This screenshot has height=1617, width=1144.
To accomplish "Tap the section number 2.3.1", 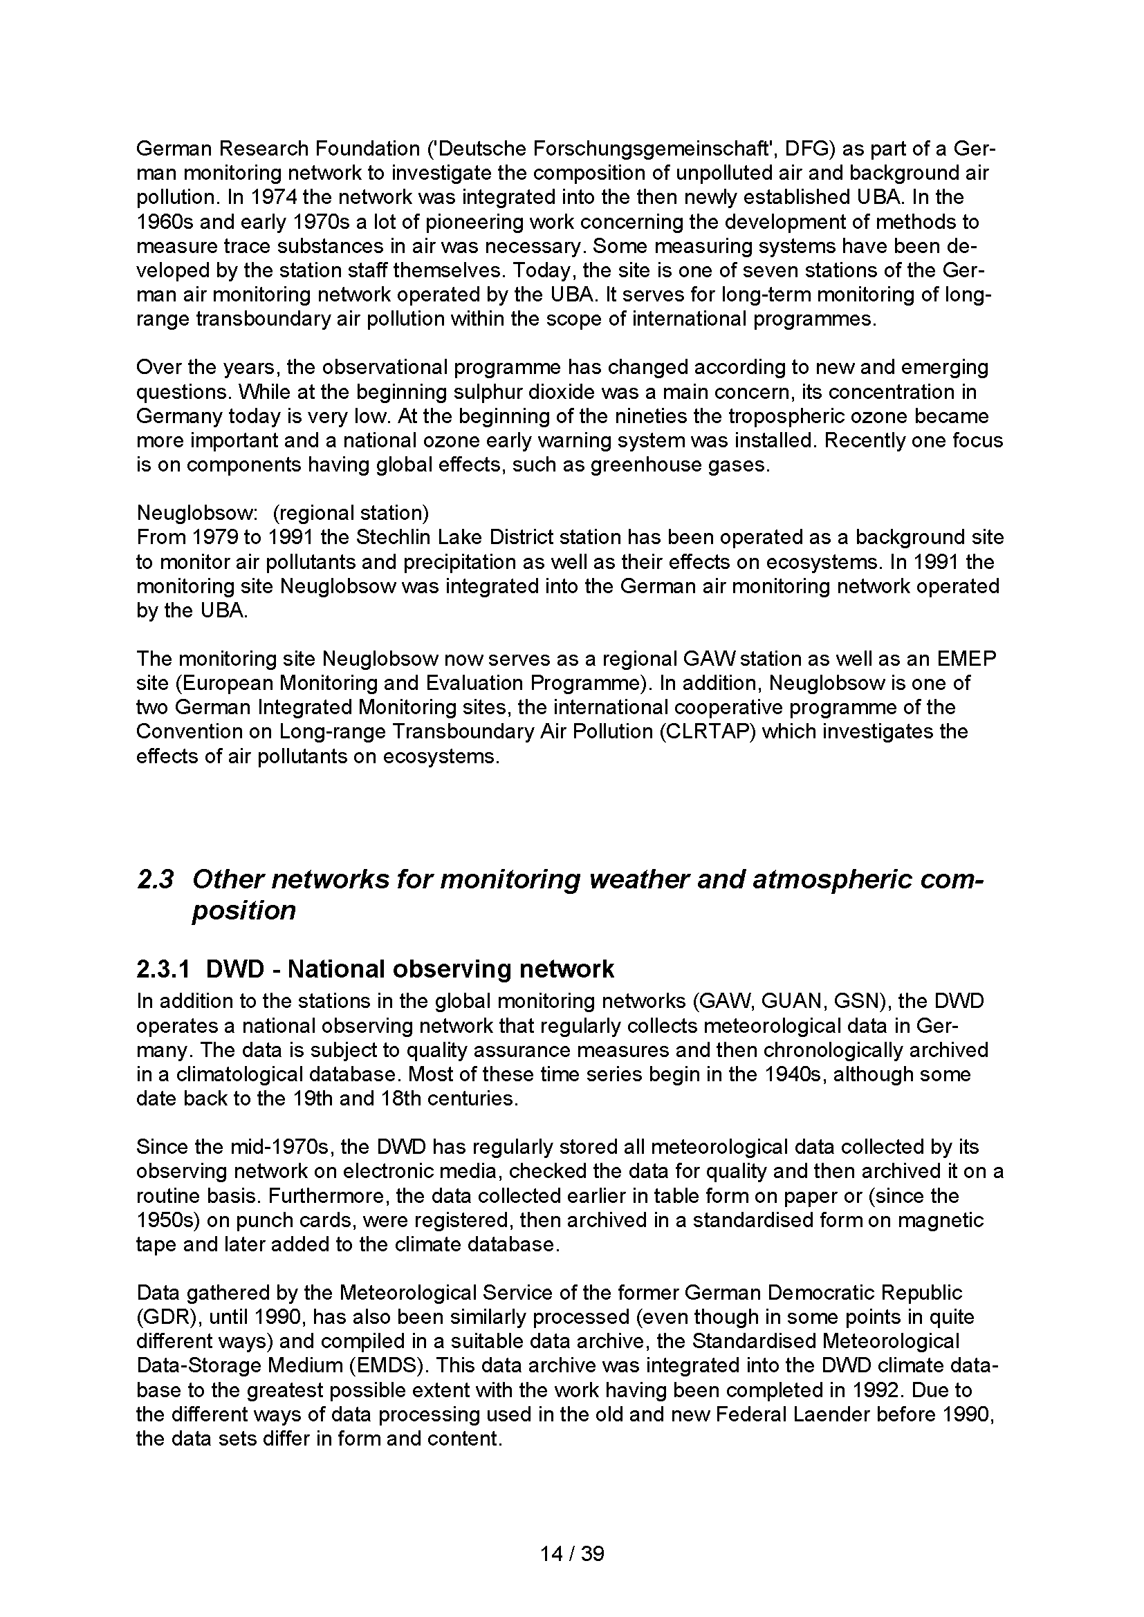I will point(163,969).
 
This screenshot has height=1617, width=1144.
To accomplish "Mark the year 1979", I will point(214,537).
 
